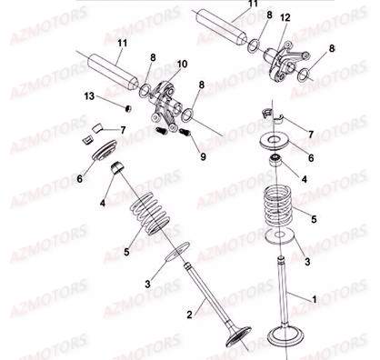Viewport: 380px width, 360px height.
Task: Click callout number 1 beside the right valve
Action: [x=315, y=297]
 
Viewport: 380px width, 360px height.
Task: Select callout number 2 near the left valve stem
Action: [x=189, y=315]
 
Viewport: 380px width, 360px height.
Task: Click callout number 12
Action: [x=285, y=18]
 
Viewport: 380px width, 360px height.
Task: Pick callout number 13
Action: [x=88, y=95]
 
